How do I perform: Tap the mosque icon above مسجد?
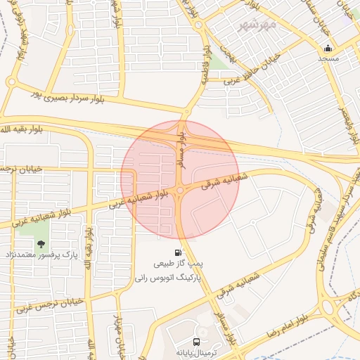[x=328, y=49]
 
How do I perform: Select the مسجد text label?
[x=328, y=58]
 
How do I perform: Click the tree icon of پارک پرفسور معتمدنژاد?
[x=41, y=244]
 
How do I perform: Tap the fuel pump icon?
[x=179, y=252]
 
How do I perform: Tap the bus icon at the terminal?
[x=179, y=328]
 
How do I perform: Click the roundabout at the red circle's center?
[x=180, y=190]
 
